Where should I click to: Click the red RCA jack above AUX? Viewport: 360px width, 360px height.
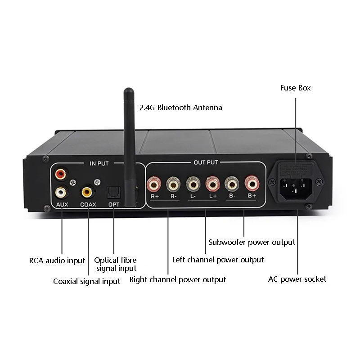pos(60,173)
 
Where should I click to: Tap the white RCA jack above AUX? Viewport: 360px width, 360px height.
pos(60,192)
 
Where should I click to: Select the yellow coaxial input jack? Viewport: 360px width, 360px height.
pos(87,193)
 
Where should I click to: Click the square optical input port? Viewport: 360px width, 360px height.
pos(112,193)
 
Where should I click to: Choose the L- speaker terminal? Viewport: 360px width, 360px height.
pos(193,184)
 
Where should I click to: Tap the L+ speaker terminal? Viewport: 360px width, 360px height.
pos(212,184)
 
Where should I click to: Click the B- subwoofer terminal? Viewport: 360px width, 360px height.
pos(231,184)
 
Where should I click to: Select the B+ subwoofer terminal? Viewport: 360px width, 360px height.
pos(251,184)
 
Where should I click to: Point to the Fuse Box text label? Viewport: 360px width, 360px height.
pos(295,88)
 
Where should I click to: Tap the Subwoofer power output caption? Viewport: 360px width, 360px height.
pos(252,242)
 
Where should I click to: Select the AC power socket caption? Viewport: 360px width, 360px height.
pos(297,279)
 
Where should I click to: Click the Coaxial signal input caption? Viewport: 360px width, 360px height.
pos(87,281)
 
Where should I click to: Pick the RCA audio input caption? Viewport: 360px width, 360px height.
pos(57,261)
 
